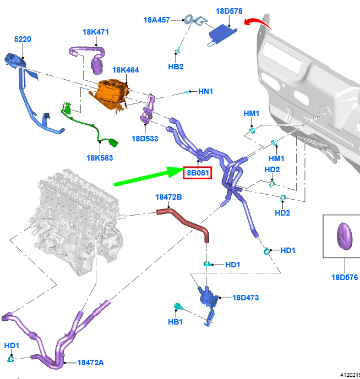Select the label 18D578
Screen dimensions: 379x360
click(x=229, y=11)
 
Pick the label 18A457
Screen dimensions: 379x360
click(x=157, y=20)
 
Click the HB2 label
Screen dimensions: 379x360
click(x=176, y=67)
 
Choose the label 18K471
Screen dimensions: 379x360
click(x=96, y=32)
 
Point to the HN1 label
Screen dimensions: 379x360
click(x=205, y=91)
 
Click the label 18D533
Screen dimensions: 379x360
click(x=145, y=139)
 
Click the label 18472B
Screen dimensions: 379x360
click(x=168, y=196)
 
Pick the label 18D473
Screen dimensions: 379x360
click(x=246, y=298)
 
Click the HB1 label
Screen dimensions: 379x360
click(x=176, y=322)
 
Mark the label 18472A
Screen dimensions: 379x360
click(x=90, y=362)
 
